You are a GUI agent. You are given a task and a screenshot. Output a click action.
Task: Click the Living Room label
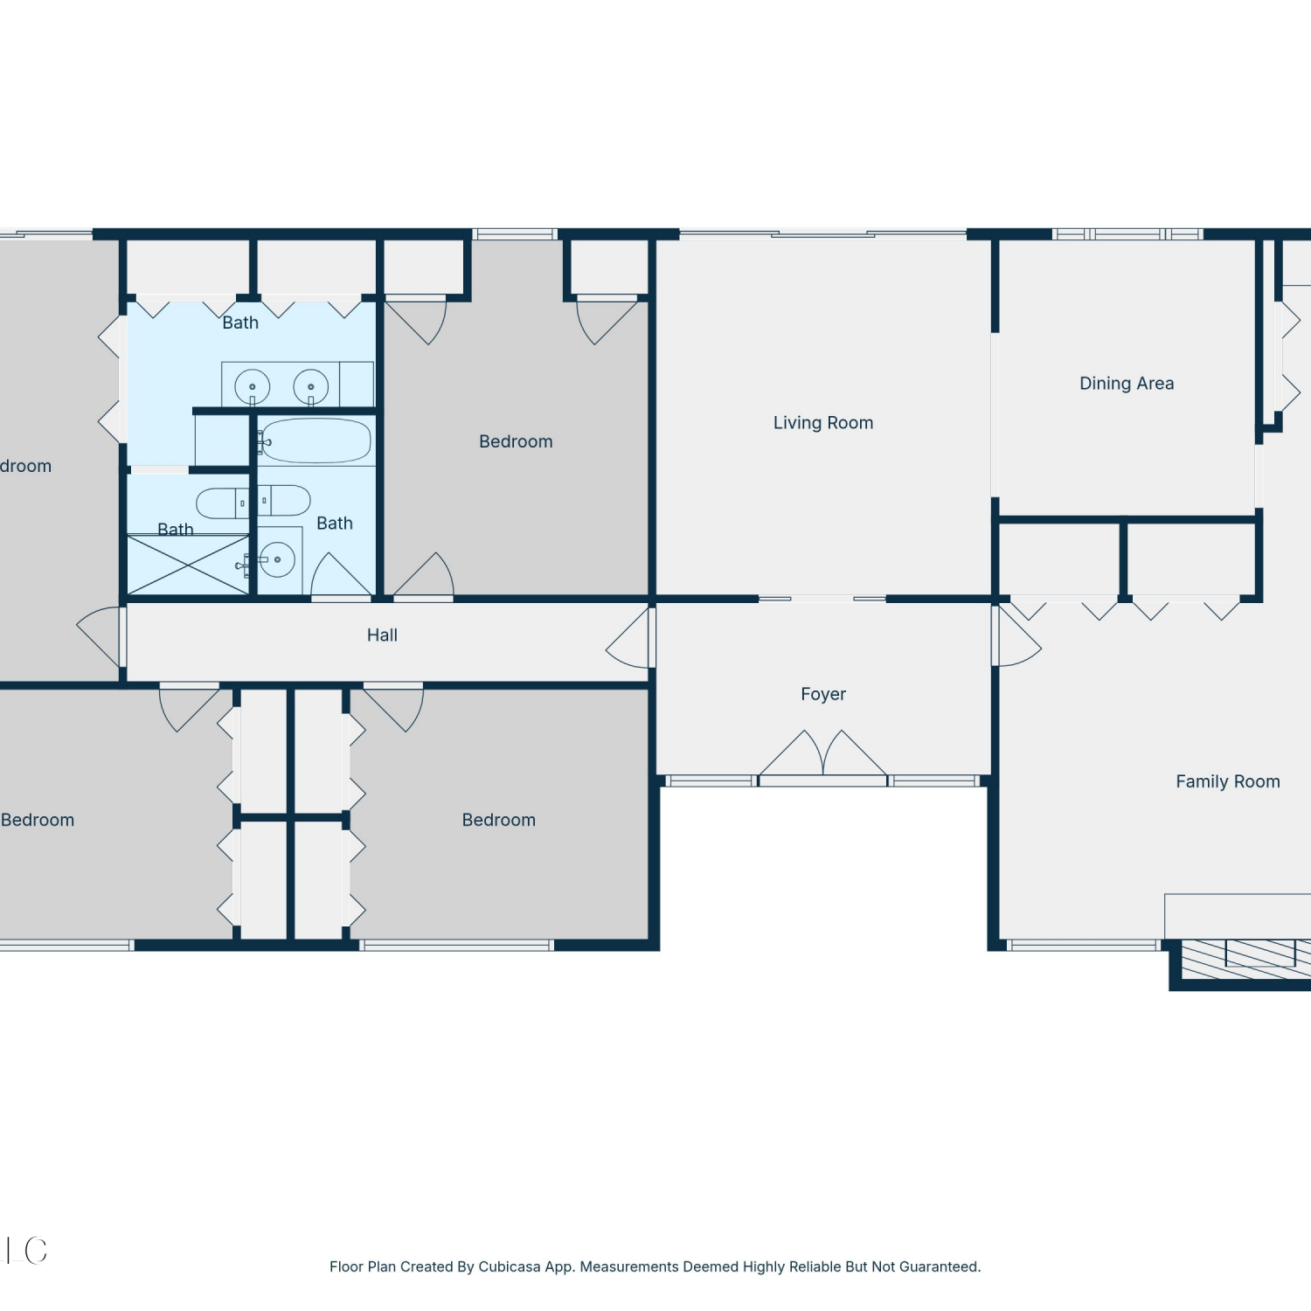pyautogui.click(x=823, y=423)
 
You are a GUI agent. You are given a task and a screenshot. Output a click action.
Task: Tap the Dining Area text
pyautogui.click(x=1127, y=384)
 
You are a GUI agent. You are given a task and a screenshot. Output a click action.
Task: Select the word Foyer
pyautogui.click(x=823, y=695)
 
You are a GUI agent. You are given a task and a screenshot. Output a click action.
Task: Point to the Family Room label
pyautogui.click(x=1227, y=782)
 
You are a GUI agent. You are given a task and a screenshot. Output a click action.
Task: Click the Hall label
pyautogui.click(x=382, y=635)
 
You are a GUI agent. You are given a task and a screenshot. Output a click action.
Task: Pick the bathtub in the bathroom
pyautogui.click(x=315, y=440)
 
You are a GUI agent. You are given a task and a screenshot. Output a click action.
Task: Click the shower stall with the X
pyautogui.click(x=188, y=565)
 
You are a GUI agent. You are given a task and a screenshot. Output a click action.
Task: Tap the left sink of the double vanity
pyautogui.click(x=253, y=386)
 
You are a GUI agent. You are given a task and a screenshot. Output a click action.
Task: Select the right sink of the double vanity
pyautogui.click(x=310, y=386)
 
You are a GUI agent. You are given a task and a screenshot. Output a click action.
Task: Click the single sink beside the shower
pyautogui.click(x=278, y=559)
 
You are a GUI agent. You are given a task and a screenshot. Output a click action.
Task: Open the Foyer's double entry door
pyautogui.click(x=823, y=754)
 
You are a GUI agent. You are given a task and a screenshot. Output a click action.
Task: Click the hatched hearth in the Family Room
pyautogui.click(x=1246, y=959)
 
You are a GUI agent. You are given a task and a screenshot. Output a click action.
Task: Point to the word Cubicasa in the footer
pyautogui.click(x=510, y=1267)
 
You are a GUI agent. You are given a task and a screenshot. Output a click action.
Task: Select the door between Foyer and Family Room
pyautogui.click(x=1016, y=635)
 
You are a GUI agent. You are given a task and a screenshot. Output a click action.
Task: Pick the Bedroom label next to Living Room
pyautogui.click(x=516, y=442)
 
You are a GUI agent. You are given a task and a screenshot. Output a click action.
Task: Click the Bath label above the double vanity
pyautogui.click(x=240, y=323)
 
